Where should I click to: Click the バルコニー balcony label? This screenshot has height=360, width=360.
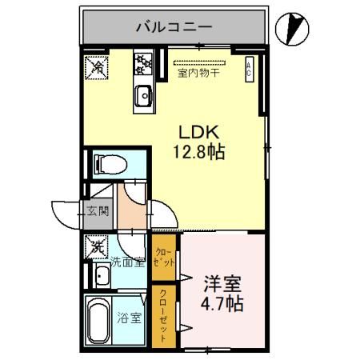pyautogui.click(x=173, y=26)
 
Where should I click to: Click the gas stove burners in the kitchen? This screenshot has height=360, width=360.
pyautogui.click(x=143, y=62)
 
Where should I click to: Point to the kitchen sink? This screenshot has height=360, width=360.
pyautogui.click(x=143, y=95)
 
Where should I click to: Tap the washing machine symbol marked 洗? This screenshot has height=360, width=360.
pyautogui.click(x=96, y=246)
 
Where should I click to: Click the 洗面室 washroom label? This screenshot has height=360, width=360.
pyautogui.click(x=127, y=262)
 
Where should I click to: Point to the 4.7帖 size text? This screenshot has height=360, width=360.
pyautogui.click(x=222, y=305)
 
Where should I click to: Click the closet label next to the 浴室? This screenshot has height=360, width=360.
pyautogui.click(x=163, y=314)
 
